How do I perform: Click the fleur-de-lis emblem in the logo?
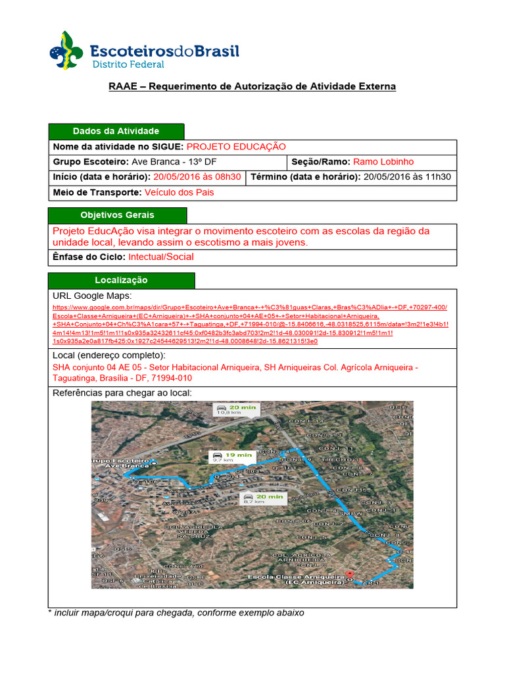[x=66, y=51]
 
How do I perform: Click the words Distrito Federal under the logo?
[x=128, y=65]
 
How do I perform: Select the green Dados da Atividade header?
[x=116, y=131]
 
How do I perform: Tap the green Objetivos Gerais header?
[x=117, y=215]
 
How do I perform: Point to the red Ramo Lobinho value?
[x=383, y=162]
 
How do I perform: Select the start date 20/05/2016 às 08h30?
[x=198, y=177]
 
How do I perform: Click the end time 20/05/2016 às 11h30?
[x=407, y=177]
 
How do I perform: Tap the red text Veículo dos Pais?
[x=179, y=192]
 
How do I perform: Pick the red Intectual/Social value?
[x=160, y=257]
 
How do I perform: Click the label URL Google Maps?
[x=92, y=296]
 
